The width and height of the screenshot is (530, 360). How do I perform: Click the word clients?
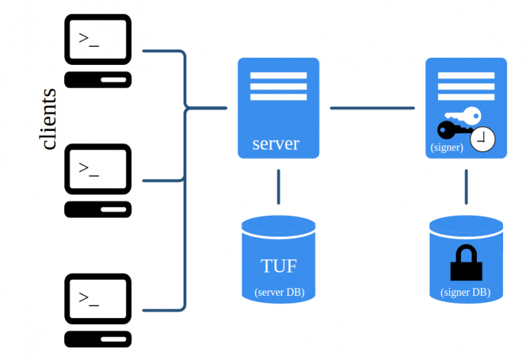tap(49, 119)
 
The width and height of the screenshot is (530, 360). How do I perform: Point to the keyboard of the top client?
tap(98, 79)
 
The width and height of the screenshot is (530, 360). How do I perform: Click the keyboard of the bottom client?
tap(98, 339)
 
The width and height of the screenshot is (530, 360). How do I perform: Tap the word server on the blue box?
tap(275, 143)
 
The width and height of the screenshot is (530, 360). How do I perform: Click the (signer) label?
tap(446, 147)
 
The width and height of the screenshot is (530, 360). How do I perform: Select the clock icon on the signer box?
tap(483, 139)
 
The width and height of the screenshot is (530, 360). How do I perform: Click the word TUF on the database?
tap(279, 266)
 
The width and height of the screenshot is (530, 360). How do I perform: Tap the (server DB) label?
tap(279, 292)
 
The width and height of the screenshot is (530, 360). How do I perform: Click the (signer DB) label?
tap(466, 292)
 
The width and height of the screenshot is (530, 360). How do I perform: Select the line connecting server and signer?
tap(372, 108)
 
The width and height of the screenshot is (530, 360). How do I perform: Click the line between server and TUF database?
tap(279, 186)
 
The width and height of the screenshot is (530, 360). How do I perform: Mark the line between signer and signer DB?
tap(467, 186)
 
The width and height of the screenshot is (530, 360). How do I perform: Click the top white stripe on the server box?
tap(278, 75)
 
